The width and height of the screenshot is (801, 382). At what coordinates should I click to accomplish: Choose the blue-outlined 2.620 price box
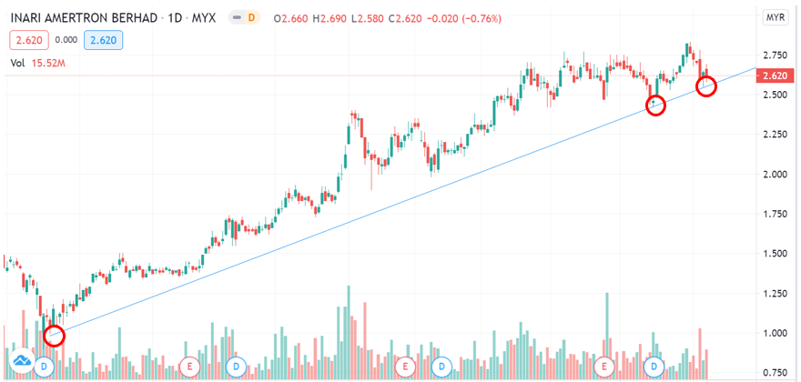[x=102, y=40]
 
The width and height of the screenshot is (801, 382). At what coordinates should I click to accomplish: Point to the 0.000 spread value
[x=66, y=40]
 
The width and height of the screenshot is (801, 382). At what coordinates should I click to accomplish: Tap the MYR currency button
[x=776, y=17]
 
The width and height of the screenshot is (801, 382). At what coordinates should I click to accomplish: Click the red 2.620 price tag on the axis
[x=776, y=75]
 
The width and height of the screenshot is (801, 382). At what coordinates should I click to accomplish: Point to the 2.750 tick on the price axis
[x=776, y=55]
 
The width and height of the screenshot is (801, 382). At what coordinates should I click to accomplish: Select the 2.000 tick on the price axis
[x=776, y=174]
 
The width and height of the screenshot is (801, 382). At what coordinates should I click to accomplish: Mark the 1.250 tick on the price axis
[x=776, y=293]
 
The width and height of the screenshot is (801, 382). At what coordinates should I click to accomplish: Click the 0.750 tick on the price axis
[x=776, y=372]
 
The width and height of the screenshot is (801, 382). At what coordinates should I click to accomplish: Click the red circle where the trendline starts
[x=54, y=336]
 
